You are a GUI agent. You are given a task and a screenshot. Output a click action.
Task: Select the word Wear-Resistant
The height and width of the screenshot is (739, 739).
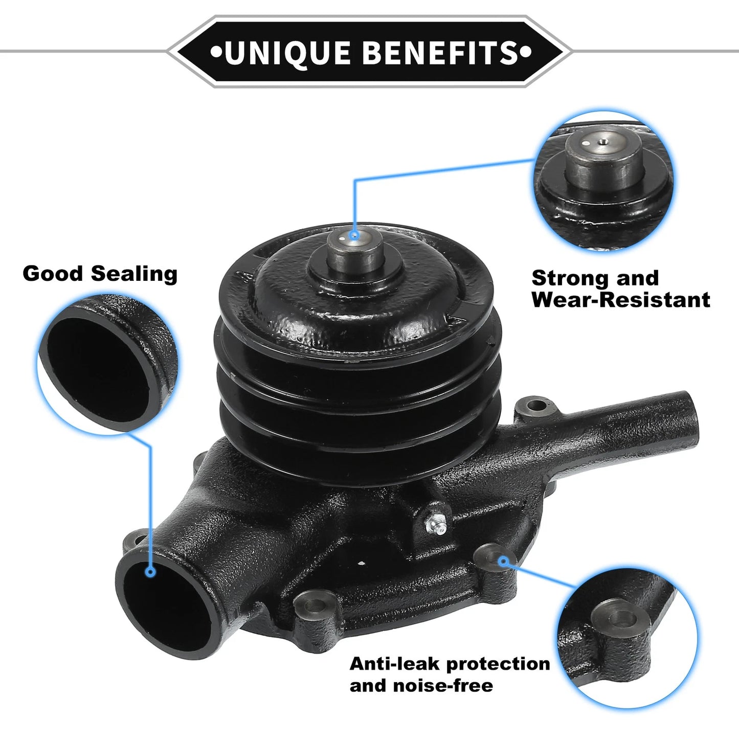pyautogui.click(x=621, y=300)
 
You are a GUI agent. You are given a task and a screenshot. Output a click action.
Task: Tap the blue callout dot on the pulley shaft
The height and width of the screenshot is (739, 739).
pyautogui.click(x=354, y=235)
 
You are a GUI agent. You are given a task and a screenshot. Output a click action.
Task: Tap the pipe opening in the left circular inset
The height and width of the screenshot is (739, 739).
pyautogui.click(x=97, y=369)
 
